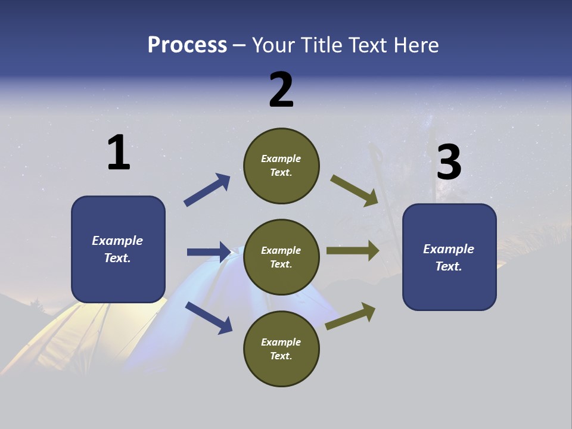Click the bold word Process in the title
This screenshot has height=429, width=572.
187,45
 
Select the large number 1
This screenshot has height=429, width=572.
119,153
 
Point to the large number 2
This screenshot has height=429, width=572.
281,90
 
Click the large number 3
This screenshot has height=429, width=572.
449,163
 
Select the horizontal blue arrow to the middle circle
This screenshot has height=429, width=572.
209,252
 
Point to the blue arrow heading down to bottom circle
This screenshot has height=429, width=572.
209,318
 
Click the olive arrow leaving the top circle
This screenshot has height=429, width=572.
354,191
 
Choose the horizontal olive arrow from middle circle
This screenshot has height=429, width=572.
352,251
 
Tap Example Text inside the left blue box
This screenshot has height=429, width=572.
117,249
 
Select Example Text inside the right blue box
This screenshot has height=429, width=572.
449,257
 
